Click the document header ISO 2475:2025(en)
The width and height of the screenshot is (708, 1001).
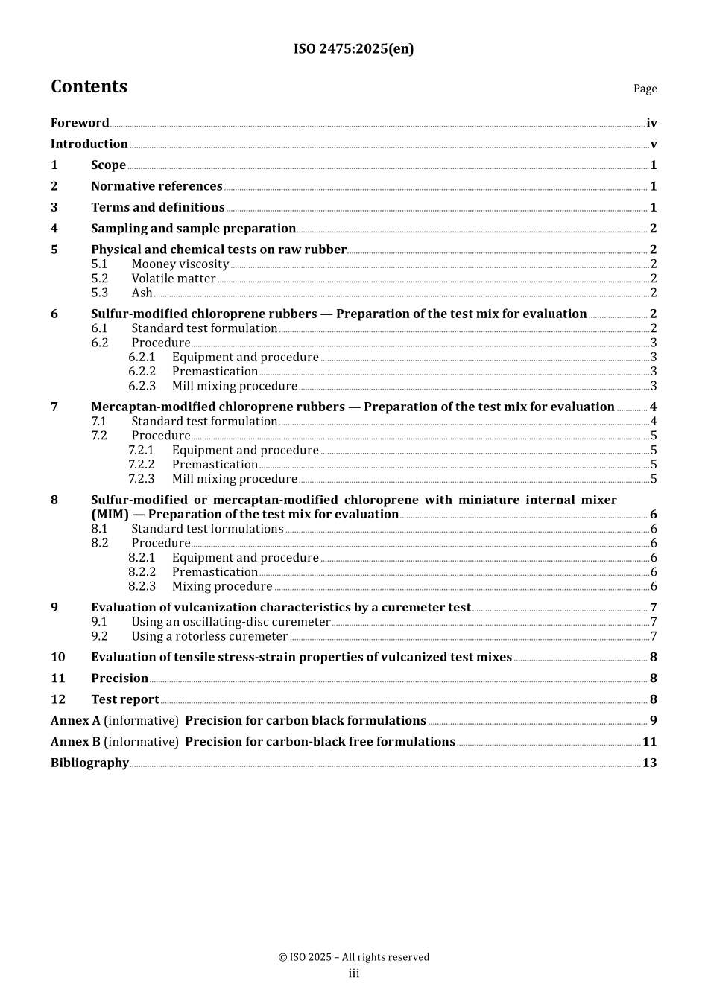click(353, 49)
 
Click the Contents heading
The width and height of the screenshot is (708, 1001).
click(89, 87)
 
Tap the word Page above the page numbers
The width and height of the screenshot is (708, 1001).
click(645, 89)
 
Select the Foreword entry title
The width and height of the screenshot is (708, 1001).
click(80, 123)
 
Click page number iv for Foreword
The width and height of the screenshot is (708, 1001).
click(651, 123)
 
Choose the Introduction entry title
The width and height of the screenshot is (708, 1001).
click(89, 144)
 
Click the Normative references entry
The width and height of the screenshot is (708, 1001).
click(157, 186)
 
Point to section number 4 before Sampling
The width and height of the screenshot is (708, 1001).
click(54, 229)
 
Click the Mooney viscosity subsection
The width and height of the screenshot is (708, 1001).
click(180, 264)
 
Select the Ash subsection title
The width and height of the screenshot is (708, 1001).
click(142, 293)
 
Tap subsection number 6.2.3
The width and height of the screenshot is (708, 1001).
click(142, 386)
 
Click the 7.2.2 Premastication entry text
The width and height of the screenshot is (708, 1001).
click(215, 465)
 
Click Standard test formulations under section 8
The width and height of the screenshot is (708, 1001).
click(207, 529)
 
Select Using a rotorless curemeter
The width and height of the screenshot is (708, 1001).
click(209, 636)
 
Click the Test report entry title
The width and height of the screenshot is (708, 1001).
click(125, 699)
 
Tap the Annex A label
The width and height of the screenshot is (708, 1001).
click(75, 721)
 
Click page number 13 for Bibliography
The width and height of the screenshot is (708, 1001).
click(649, 763)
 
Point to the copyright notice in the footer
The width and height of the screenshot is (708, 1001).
click(353, 957)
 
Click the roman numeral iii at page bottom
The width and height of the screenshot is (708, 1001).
click(353, 974)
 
